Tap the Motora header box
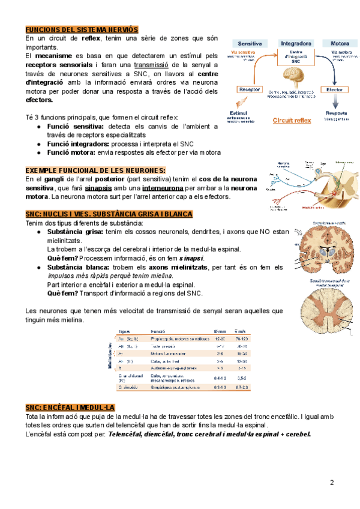(x=340, y=44)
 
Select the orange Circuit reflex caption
(x=292, y=121)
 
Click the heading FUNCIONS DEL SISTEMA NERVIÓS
(x=82, y=29)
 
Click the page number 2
(x=332, y=483)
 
